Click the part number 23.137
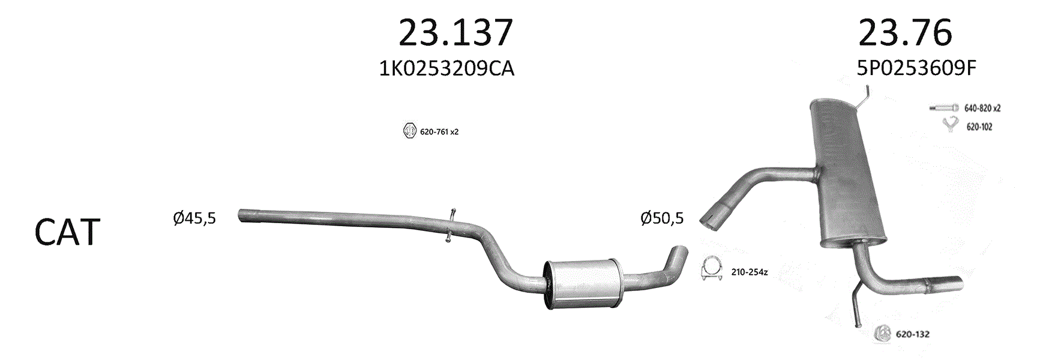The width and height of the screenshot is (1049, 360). click(455, 32)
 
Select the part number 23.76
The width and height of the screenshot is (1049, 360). click(905, 32)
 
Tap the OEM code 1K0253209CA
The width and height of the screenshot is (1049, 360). click(446, 68)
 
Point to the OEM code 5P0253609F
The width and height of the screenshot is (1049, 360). click(916, 68)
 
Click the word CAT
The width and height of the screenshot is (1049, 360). click(67, 232)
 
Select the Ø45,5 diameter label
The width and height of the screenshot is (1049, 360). click(194, 218)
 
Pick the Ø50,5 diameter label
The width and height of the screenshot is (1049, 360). click(662, 218)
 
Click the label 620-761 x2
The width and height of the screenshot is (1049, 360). click(439, 131)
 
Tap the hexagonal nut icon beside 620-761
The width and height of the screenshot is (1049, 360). click(409, 131)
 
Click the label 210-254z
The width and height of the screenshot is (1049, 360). click(750, 272)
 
